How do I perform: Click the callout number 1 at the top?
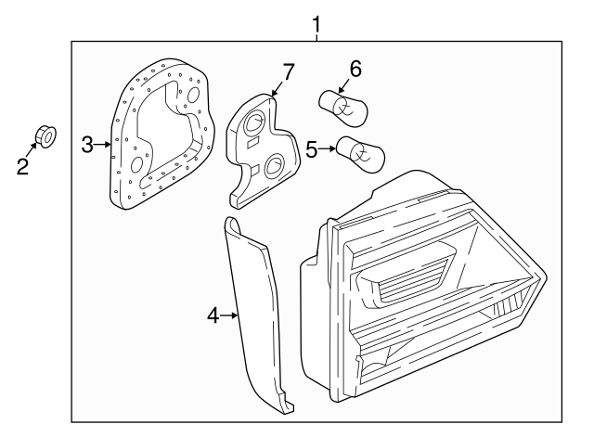coord(316,22)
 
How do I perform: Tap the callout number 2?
coord(23,166)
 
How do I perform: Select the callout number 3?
coord(87,144)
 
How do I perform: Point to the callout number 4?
coord(213,316)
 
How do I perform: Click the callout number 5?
coord(312,147)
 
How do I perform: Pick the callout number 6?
coord(355,69)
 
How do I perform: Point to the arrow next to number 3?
coord(104,144)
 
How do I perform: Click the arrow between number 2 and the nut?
coord(33,151)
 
